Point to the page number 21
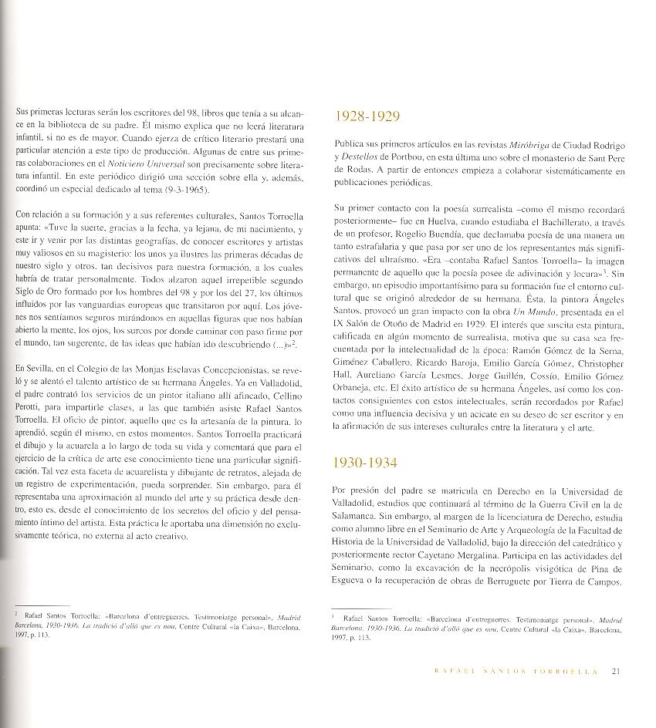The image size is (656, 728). [x=617, y=670]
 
